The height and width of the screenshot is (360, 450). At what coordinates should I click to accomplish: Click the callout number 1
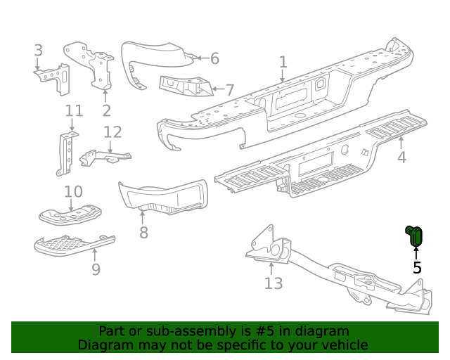click(283, 63)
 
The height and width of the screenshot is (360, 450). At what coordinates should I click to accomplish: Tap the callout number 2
click(106, 110)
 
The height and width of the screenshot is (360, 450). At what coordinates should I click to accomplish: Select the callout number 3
click(38, 51)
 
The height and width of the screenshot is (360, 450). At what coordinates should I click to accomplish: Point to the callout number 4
click(401, 157)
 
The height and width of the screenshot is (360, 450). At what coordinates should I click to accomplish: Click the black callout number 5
click(417, 267)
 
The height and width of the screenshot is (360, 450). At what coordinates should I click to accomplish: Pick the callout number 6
click(214, 58)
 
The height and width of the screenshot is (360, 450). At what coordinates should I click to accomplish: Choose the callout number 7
click(230, 90)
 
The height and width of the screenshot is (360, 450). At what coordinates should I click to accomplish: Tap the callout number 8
click(143, 232)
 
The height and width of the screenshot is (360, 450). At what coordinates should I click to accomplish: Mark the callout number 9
click(96, 269)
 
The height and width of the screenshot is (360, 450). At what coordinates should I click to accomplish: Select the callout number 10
click(73, 192)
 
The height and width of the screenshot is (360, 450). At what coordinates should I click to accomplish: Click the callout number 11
click(74, 111)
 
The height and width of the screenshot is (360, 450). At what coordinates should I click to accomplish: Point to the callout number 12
click(112, 132)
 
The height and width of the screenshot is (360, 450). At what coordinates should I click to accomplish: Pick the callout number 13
click(273, 283)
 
